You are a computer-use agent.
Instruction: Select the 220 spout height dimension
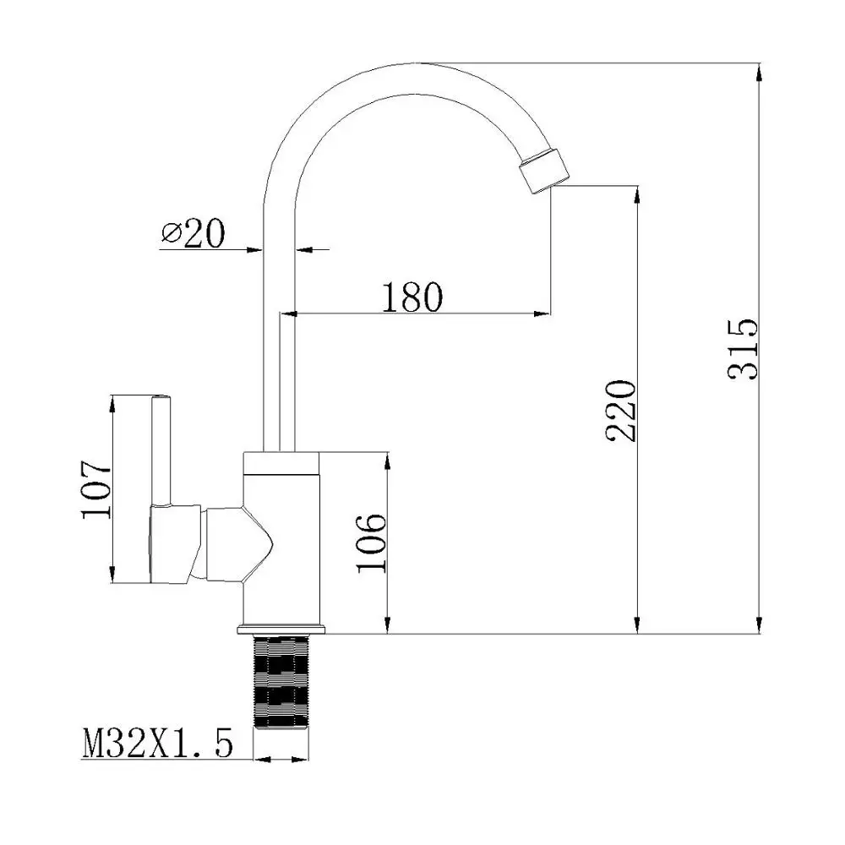pyautogui.click(x=621, y=411)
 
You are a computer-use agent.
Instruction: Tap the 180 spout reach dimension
pyautogui.click(x=412, y=297)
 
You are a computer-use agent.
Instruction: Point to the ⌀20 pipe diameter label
pyautogui.click(x=193, y=233)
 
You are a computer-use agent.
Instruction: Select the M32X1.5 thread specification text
pyautogui.click(x=156, y=744)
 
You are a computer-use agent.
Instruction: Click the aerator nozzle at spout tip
pyautogui.click(x=542, y=168)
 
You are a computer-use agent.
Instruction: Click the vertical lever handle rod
pyautogui.click(x=161, y=448)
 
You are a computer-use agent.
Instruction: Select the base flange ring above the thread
pyautogui.click(x=281, y=630)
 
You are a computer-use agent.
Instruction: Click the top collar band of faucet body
pyautogui.click(x=281, y=461)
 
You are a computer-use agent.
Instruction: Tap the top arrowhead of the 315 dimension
pyautogui.click(x=760, y=71)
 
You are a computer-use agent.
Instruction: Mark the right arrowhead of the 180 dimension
pyautogui.click(x=542, y=314)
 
